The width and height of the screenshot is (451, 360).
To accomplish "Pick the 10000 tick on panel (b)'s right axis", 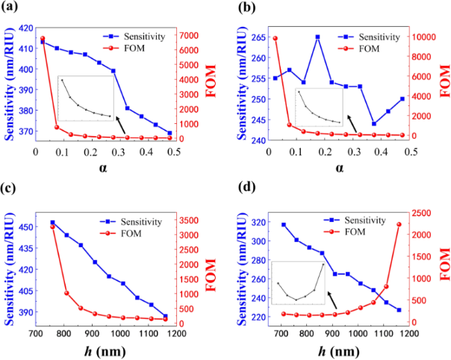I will pyautogui.click(x=424, y=37).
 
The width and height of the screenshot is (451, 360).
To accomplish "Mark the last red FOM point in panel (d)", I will pyautogui.click(x=399, y=225).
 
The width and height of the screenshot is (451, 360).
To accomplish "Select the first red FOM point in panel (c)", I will pyautogui.click(x=52, y=226).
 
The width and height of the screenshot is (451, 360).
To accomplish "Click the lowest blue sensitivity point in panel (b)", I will pyautogui.click(x=374, y=124).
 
